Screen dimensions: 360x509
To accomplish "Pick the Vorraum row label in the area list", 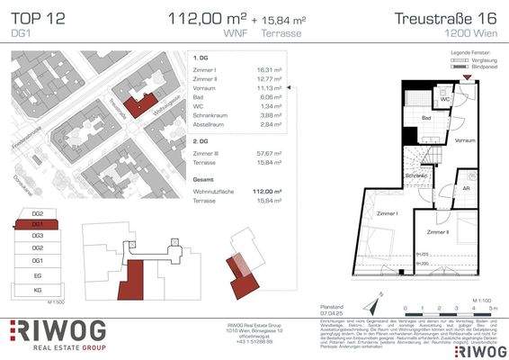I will pos(204,91).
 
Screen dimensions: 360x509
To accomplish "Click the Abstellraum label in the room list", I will pos(210,127).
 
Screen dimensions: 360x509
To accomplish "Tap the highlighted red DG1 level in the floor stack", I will pos(38,224).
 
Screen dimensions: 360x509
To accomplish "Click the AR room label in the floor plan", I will pos(466,189).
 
